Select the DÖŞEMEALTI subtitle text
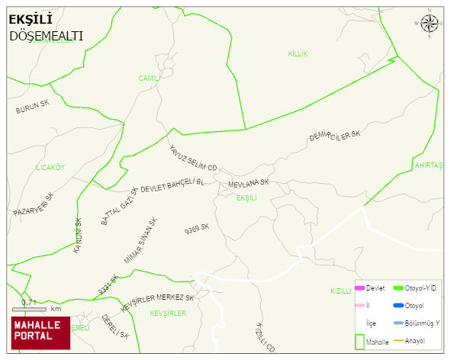click(x=46, y=35)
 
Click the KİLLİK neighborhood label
click(x=298, y=53)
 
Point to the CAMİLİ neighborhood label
click(x=149, y=78)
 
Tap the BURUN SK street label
click(x=32, y=108)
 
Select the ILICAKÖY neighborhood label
click(x=50, y=167)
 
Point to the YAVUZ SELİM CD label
click(x=193, y=158)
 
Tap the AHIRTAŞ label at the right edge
click(x=428, y=165)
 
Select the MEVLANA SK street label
click(x=249, y=184)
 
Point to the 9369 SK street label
click(x=197, y=229)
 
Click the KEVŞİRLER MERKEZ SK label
click(x=158, y=300)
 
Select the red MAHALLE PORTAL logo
click(x=40, y=333)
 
